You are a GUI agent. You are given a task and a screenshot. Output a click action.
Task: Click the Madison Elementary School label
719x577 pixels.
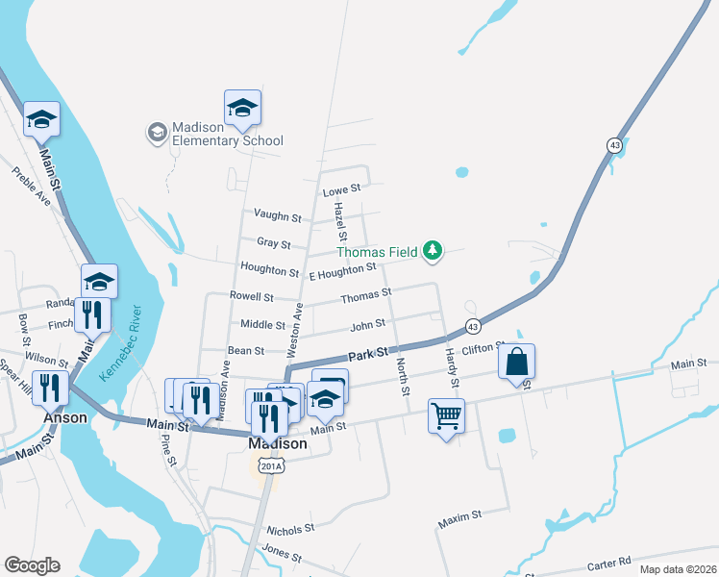pos(227,134)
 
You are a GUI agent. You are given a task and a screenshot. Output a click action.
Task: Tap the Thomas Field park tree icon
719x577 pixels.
pos(434,251)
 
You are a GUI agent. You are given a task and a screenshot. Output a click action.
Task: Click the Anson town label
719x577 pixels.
pos(65,418)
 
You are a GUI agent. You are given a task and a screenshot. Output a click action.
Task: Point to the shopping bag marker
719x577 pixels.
pos(517,364)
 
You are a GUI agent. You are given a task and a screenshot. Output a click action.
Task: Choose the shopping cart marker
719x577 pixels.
pos(447,416)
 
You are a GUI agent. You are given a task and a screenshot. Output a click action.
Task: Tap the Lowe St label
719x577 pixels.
pos(341,189)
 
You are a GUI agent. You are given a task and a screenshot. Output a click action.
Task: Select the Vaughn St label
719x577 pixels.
pos(278,216)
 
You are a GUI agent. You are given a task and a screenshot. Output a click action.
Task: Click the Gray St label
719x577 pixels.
pos(274,242)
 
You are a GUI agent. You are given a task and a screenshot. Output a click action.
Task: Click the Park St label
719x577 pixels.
pos(366,355)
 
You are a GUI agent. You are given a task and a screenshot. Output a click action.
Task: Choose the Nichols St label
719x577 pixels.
pos(290,530)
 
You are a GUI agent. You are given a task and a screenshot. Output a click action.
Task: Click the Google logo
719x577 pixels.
pos(32,565)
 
